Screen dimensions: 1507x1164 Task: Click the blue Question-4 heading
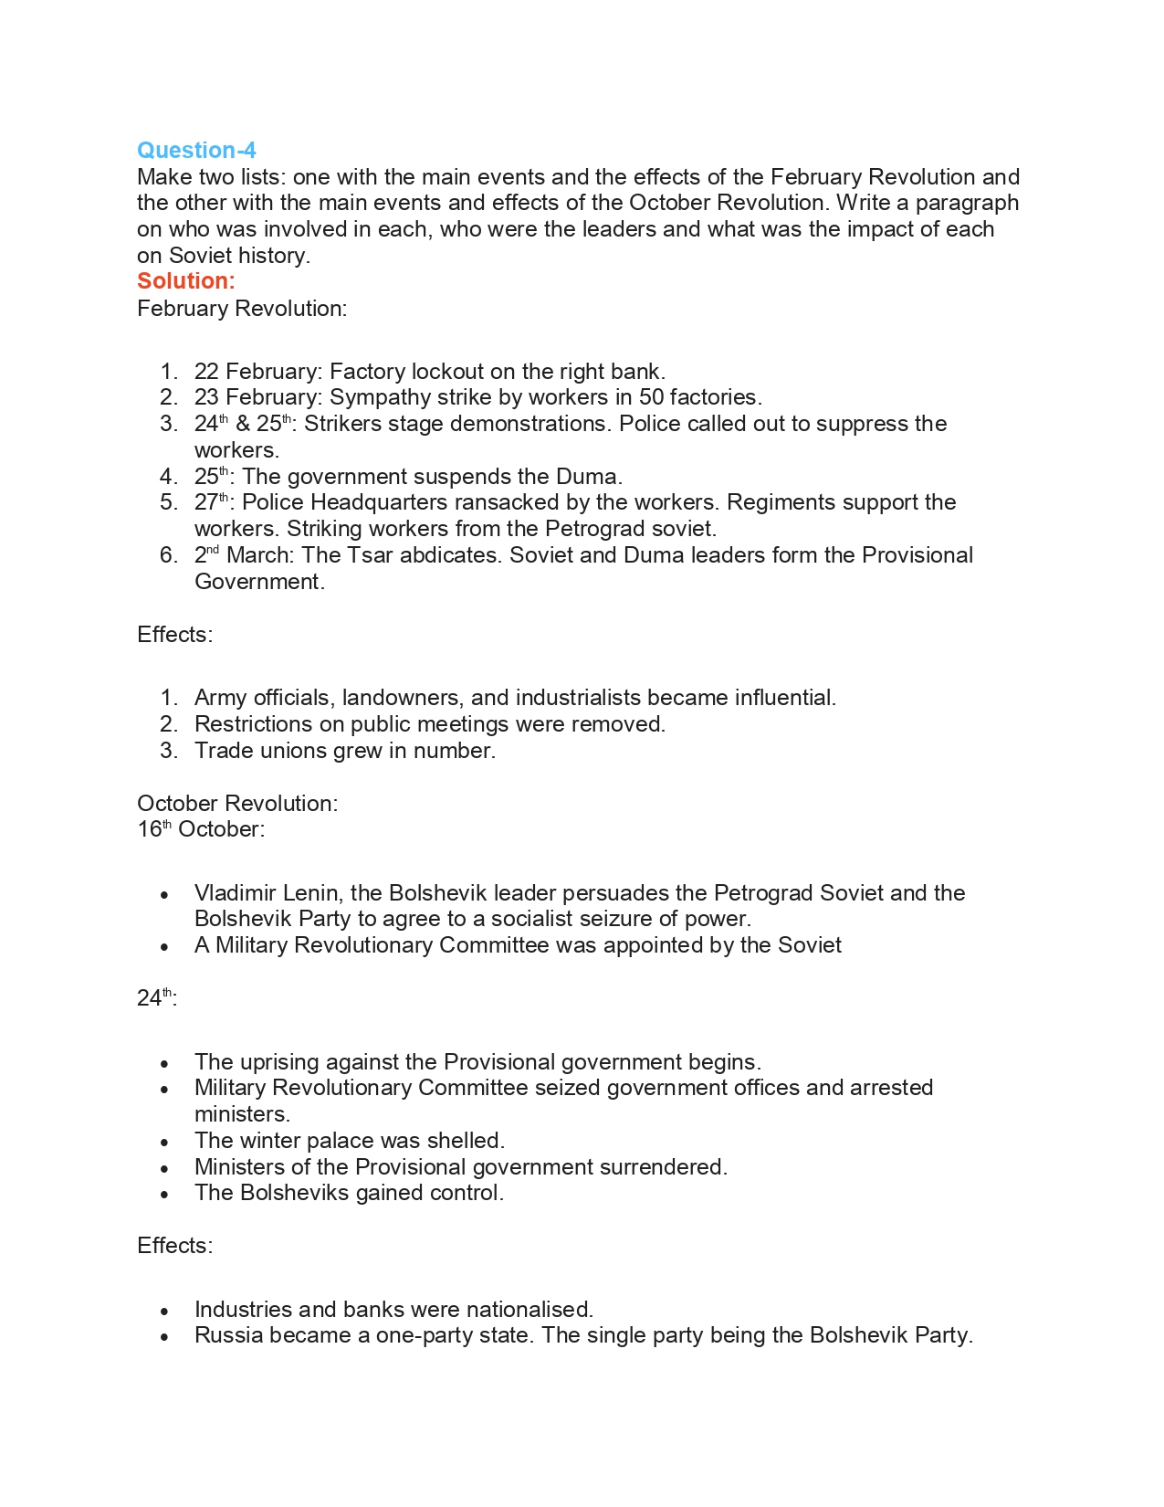pyautogui.click(x=196, y=150)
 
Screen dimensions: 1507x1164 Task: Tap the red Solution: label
pyautogui.click(x=185, y=281)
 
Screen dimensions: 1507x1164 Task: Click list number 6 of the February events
pyautogui.click(x=168, y=555)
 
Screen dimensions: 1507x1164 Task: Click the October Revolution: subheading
pyautogui.click(x=237, y=804)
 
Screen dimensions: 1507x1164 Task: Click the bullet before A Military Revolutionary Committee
pyautogui.click(x=164, y=947)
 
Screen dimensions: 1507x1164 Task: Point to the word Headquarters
pyautogui.click(x=379, y=502)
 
